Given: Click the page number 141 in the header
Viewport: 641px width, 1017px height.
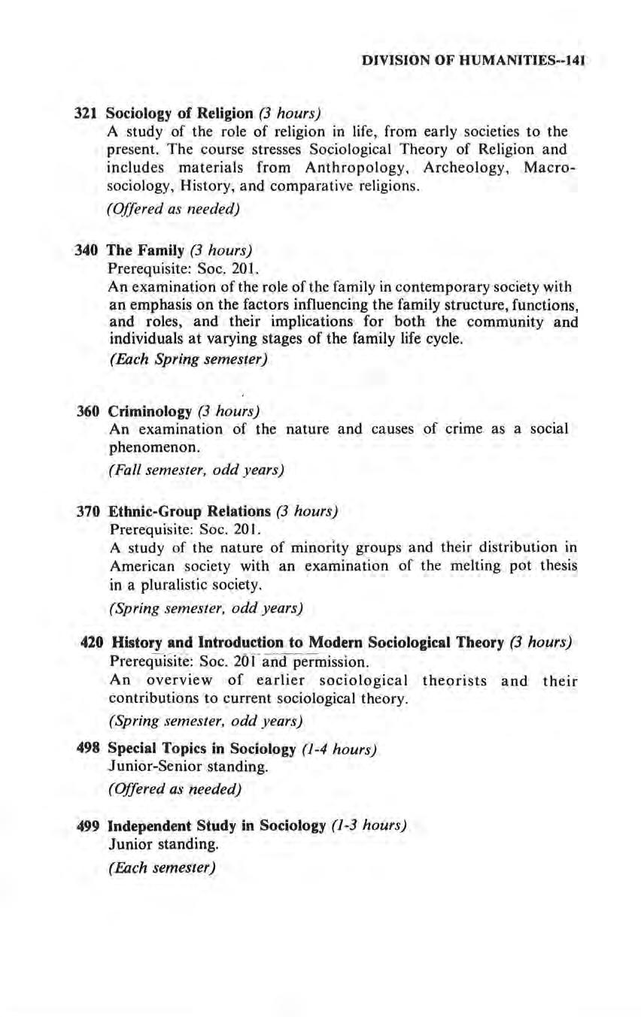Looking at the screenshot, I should pyautogui.click(x=574, y=58).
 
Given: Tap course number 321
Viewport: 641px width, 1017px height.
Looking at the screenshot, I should pyautogui.click(x=87, y=114).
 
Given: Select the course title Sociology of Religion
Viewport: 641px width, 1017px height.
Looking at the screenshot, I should pyautogui.click(x=179, y=114).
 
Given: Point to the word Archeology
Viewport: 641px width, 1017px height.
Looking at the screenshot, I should pyautogui.click(x=478, y=167).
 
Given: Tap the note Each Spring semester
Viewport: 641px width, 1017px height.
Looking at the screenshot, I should pyautogui.click(x=188, y=359).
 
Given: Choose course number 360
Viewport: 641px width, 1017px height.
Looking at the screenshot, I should pyautogui.click(x=90, y=411).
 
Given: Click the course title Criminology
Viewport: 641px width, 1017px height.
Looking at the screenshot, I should pyautogui.click(x=150, y=411).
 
